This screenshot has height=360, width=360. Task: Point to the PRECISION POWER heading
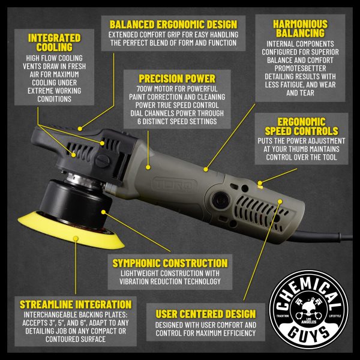177,78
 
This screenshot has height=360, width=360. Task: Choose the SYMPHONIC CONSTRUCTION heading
170,263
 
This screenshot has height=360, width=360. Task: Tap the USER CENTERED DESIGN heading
206,314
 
